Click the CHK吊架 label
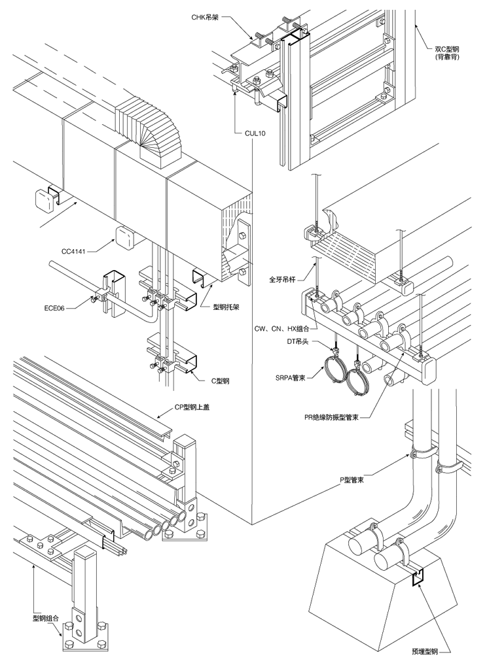click(x=205, y=18)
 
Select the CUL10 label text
click(x=255, y=133)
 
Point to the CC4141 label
click(x=74, y=252)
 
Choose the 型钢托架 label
click(x=226, y=307)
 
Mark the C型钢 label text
click(x=220, y=381)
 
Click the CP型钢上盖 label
click(x=192, y=407)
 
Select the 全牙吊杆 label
click(x=283, y=279)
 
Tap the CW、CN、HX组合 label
click(x=286, y=328)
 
